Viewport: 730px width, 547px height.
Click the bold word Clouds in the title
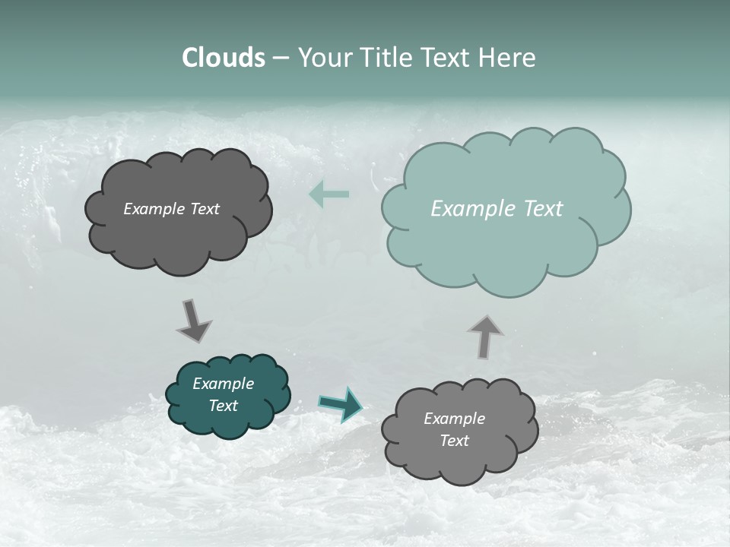point(224,58)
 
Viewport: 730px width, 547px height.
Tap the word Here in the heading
point(507,58)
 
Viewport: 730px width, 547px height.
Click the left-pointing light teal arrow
point(329,194)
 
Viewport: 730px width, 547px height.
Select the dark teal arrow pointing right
point(341,404)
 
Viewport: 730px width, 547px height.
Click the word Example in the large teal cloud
point(466,209)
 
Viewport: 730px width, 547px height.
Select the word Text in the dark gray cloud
point(205,209)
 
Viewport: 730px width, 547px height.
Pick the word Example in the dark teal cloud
point(223,384)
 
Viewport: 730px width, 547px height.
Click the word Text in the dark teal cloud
point(223,406)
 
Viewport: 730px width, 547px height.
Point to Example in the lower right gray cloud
point(454,419)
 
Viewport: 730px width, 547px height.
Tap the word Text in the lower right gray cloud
point(454,441)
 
